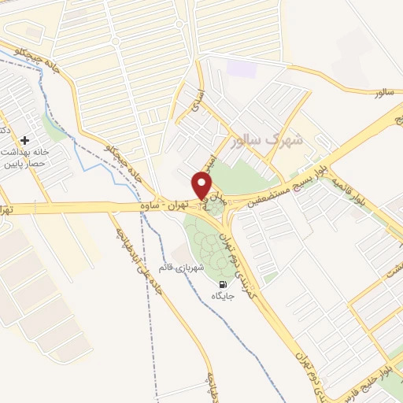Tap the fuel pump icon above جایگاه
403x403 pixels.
coord(222,284)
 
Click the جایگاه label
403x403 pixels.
coord(223,296)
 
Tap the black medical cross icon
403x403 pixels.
coord(25,139)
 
